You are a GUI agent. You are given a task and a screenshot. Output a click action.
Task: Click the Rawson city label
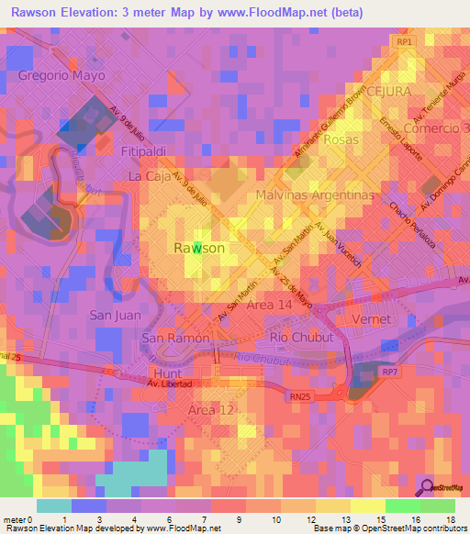point(199,248)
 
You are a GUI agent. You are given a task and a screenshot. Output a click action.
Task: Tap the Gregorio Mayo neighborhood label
point(62,75)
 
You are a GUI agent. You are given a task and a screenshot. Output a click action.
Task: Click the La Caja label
point(149,175)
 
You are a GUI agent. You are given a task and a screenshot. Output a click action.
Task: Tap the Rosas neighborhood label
point(341,139)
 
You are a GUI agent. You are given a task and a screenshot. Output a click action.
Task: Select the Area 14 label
point(271,304)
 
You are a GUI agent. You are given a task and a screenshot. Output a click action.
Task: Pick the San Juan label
point(114,315)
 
